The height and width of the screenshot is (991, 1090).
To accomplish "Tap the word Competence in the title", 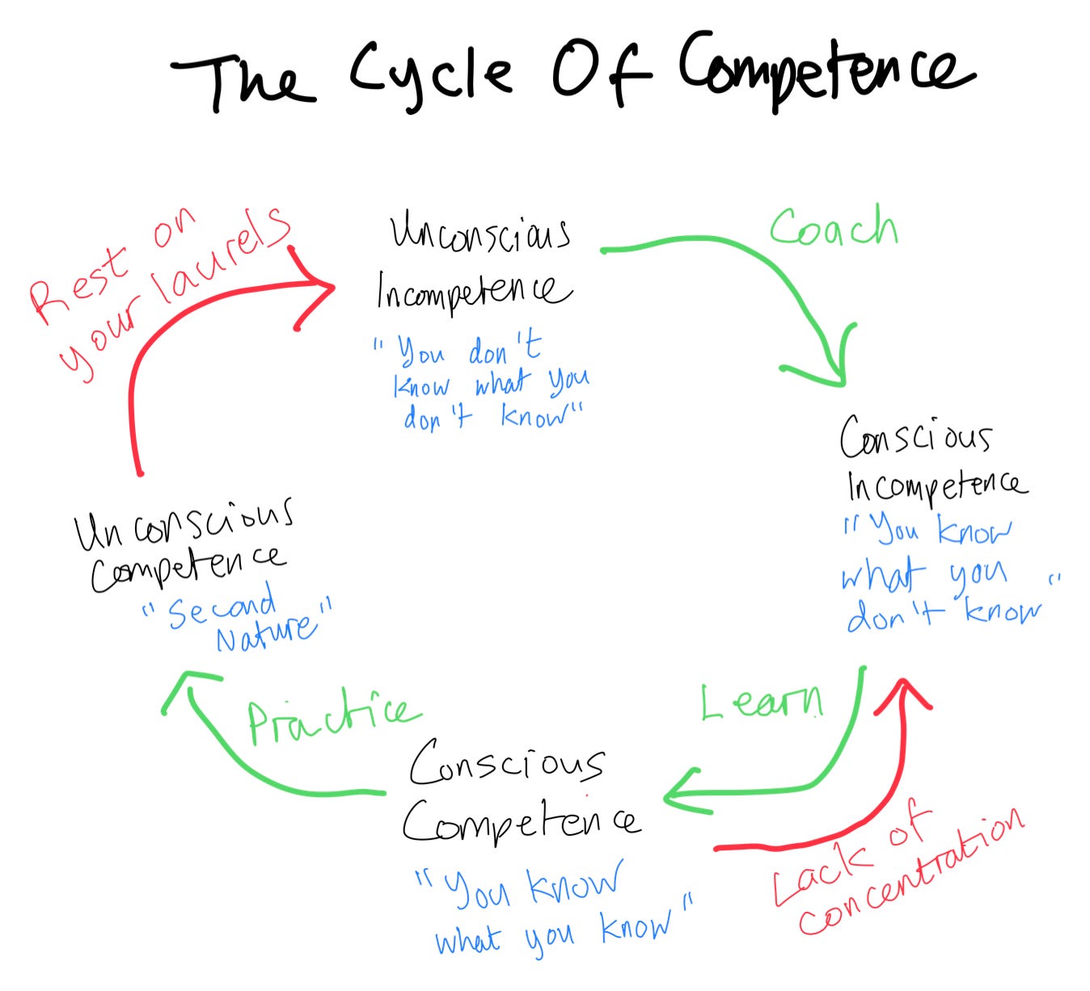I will point(825,71).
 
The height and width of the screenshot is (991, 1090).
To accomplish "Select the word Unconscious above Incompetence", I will point(480,233).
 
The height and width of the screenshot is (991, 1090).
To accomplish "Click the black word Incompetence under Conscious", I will point(936,485).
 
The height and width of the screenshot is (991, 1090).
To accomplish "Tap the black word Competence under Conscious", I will point(522,820).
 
